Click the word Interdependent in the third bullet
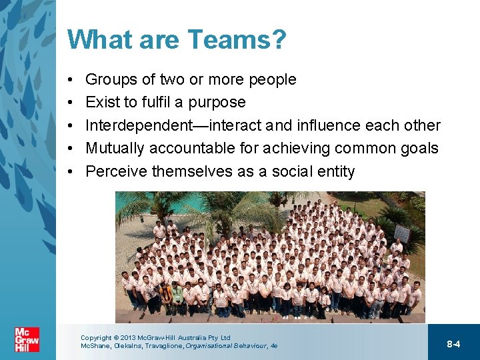[x=141, y=125]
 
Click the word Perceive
[x=116, y=171]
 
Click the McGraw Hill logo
[x=27, y=339]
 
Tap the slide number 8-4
[x=453, y=344]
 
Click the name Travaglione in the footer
[x=162, y=346]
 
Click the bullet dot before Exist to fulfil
[x=71, y=103]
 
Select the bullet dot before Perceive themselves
[x=71, y=171]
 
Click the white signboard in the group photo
[x=402, y=233]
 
